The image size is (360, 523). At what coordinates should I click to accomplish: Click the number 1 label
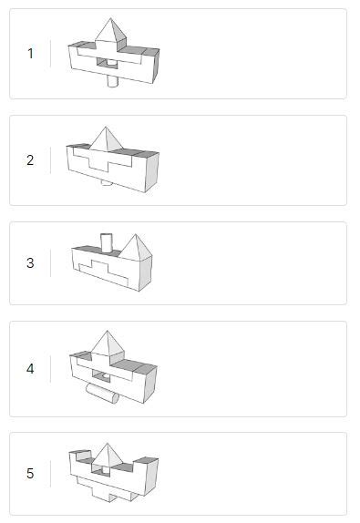point(30,54)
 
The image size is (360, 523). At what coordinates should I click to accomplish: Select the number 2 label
point(30,160)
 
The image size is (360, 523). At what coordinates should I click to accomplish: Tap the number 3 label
point(30,263)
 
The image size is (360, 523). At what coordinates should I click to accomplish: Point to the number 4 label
point(30,369)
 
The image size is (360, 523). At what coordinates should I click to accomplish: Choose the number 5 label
point(30,474)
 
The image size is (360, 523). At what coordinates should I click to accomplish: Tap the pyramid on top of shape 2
point(108,139)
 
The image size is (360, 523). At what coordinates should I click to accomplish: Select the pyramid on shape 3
point(137,246)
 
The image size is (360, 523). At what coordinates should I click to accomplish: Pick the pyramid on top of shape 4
point(108,343)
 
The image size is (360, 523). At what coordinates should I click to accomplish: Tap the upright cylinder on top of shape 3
point(106,242)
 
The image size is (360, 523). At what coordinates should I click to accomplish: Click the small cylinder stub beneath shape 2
point(107,182)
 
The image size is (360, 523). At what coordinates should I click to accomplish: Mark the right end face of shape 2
point(151,173)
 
